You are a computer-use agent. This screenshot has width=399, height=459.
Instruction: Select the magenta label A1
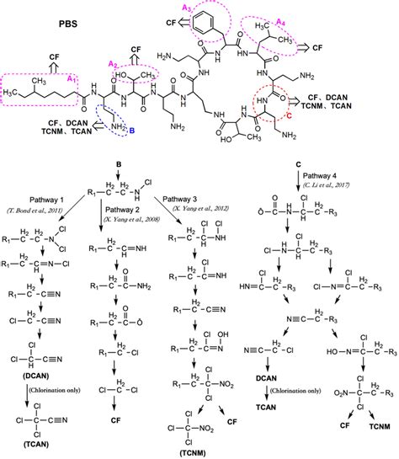pyautogui.click(x=72, y=77)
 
